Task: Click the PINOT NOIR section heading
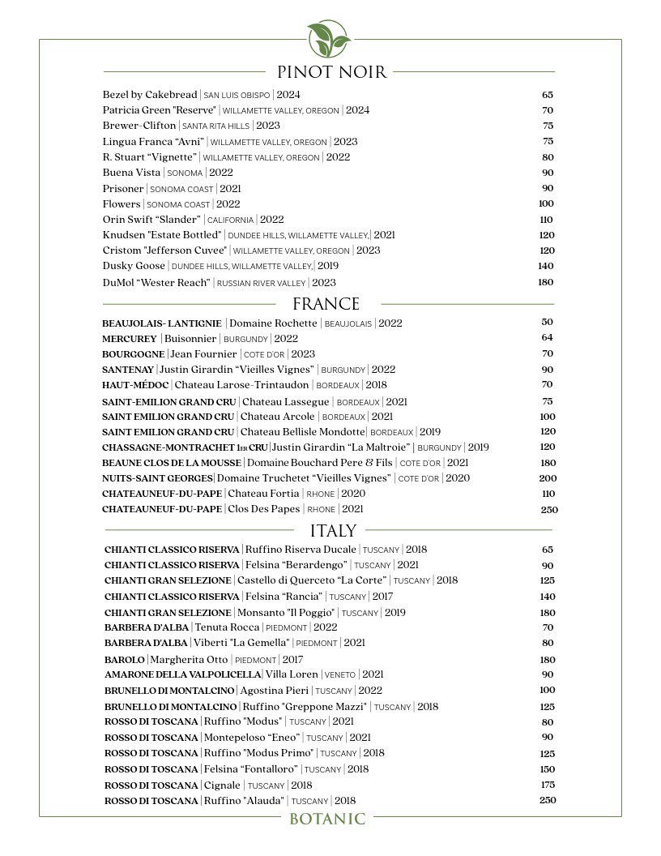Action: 331,72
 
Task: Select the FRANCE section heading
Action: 326,304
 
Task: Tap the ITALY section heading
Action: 333,531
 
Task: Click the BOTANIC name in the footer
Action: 327,819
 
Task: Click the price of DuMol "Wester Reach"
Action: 545,282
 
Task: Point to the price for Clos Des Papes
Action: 548,510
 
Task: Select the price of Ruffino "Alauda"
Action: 548,800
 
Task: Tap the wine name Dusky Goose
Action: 134,266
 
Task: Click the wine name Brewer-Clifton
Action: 139,126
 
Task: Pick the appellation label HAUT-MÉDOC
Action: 135,385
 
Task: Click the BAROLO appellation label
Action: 125,660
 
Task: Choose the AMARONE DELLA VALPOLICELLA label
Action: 182,674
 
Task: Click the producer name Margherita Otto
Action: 190,660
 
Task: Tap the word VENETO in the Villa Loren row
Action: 340,675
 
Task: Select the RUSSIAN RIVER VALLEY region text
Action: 262,283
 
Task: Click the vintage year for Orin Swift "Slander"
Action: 271,220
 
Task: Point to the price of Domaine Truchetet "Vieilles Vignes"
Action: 548,478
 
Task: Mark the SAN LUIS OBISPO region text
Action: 237,96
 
